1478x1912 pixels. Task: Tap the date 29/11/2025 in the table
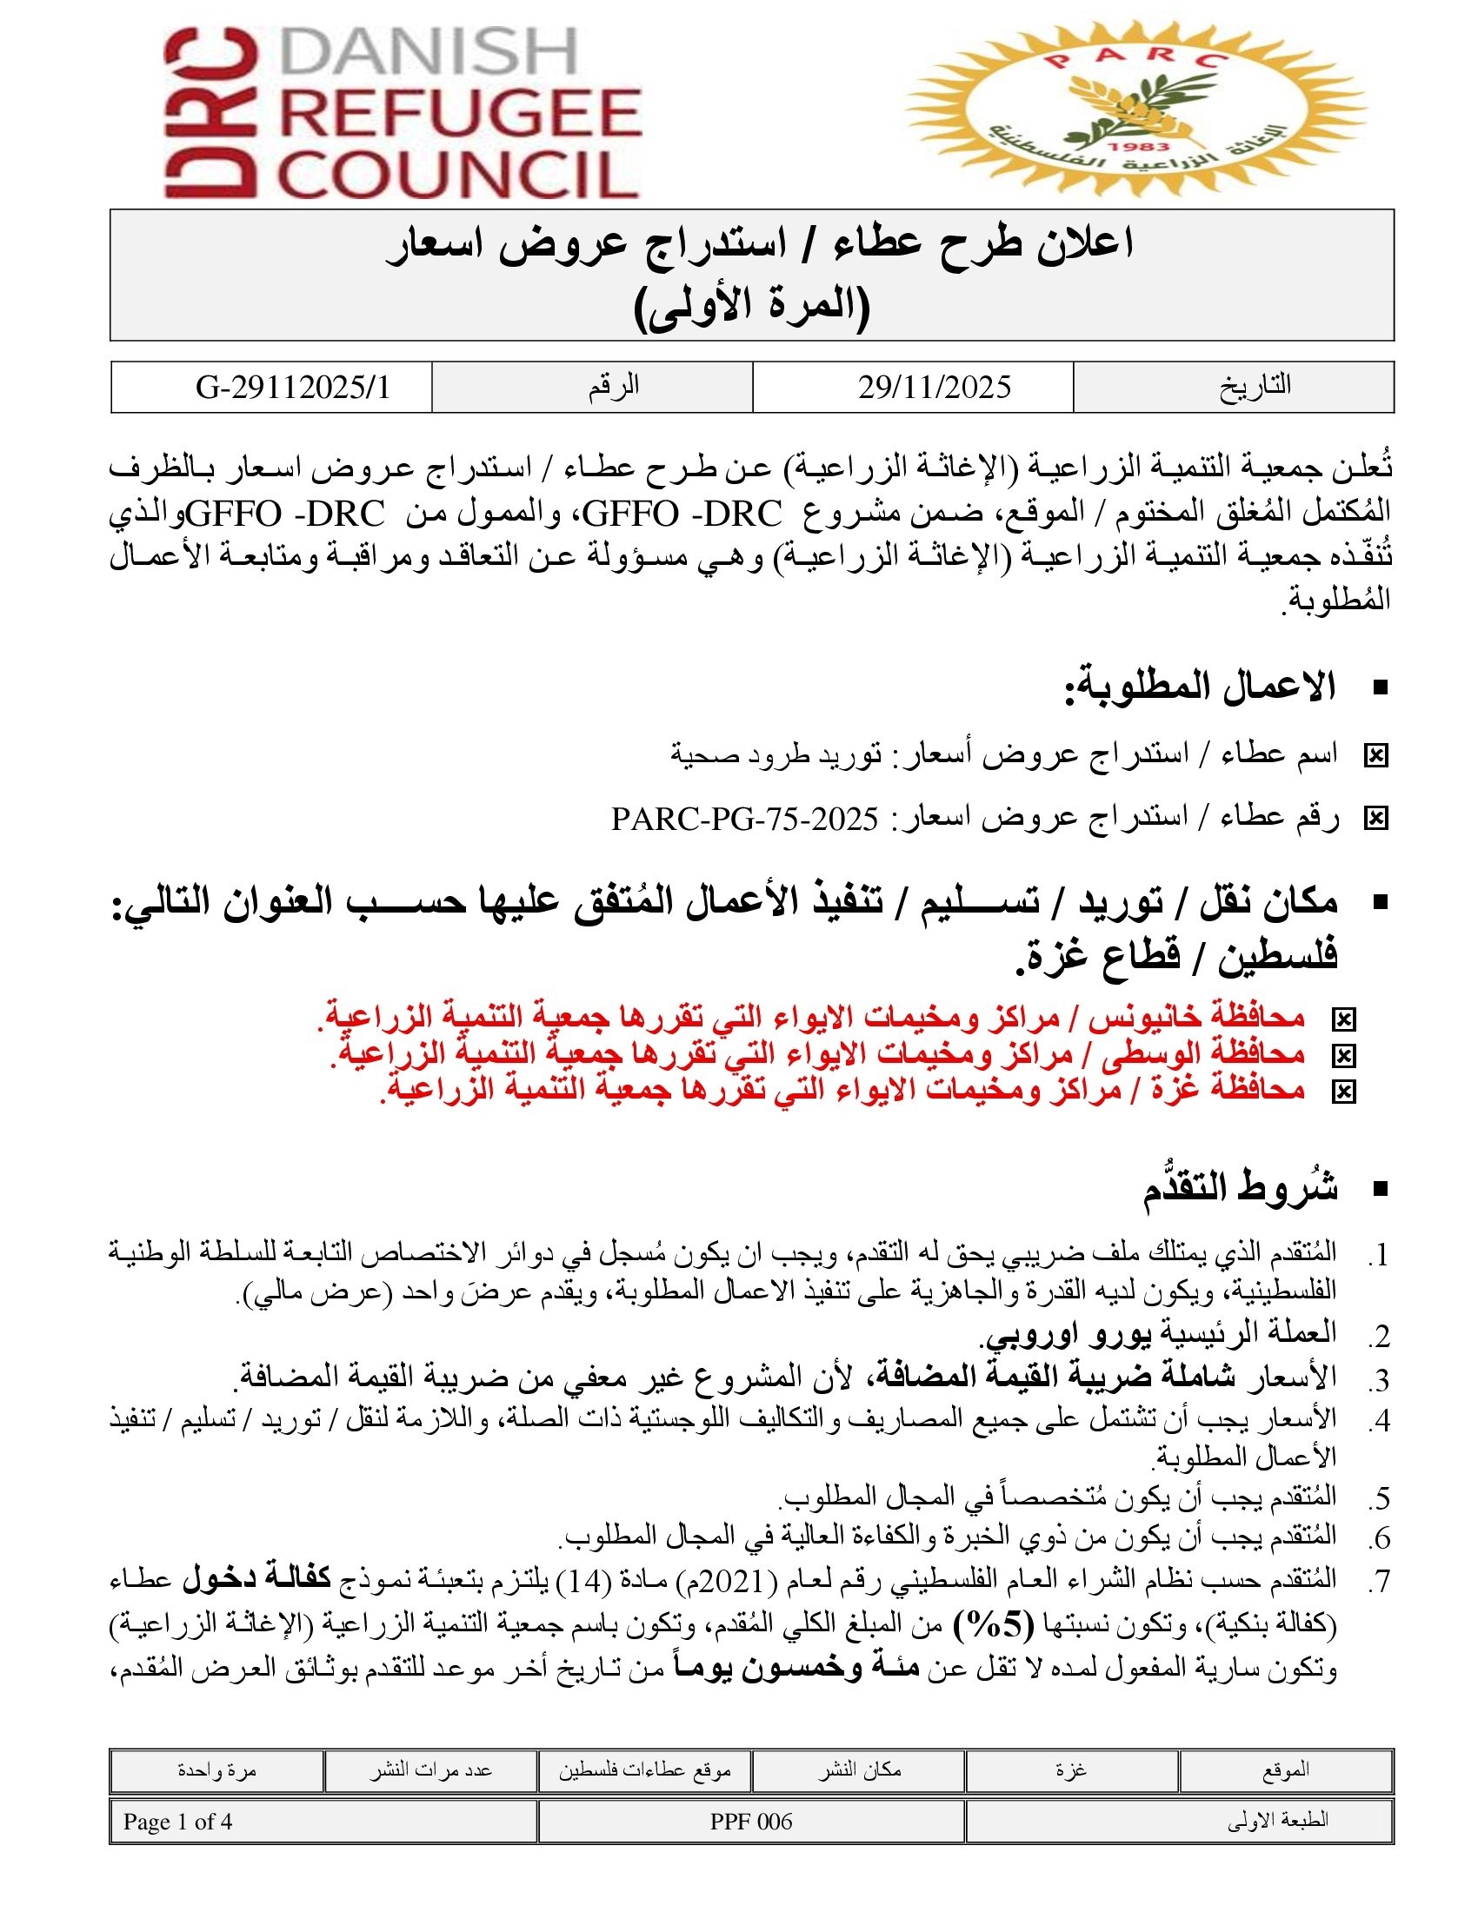tap(934, 387)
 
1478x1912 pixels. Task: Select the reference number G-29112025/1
tap(292, 387)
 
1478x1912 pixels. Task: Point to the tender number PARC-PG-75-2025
tap(744, 819)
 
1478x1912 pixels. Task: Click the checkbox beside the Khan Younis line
tap(1342, 1019)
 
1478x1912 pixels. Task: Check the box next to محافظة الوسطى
tap(1342, 1056)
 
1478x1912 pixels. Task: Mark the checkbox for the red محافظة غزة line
tap(1342, 1092)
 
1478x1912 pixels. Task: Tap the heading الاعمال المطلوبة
tap(1200, 687)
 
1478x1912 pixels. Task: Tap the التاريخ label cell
tap(1254, 386)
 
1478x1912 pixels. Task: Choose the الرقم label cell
tap(613, 386)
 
